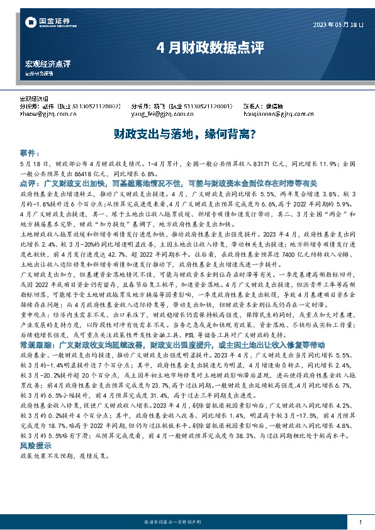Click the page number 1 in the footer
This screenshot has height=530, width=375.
tap(359, 505)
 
